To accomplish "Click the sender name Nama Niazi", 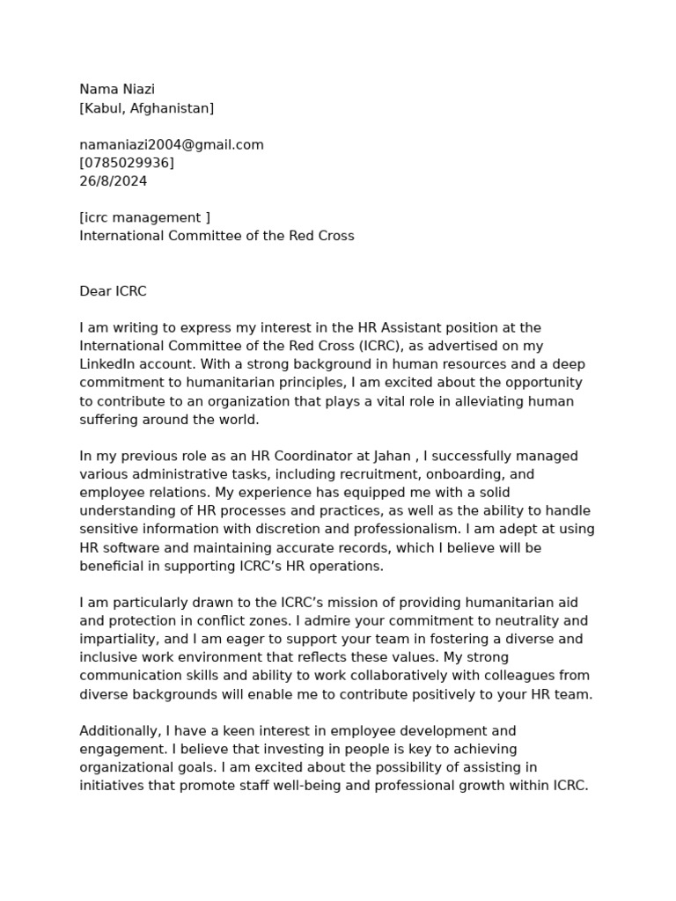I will pos(117,89).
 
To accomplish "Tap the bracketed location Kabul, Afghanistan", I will pos(146,108).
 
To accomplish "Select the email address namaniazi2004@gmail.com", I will pos(172,144).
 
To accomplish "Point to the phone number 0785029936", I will pos(127,163).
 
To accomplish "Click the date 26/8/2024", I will pos(114,181).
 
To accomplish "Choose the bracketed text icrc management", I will pos(144,217).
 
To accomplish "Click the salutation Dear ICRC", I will pos(113,291).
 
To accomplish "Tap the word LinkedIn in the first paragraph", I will pos(109,364).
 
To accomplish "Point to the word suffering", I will pos(110,420).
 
